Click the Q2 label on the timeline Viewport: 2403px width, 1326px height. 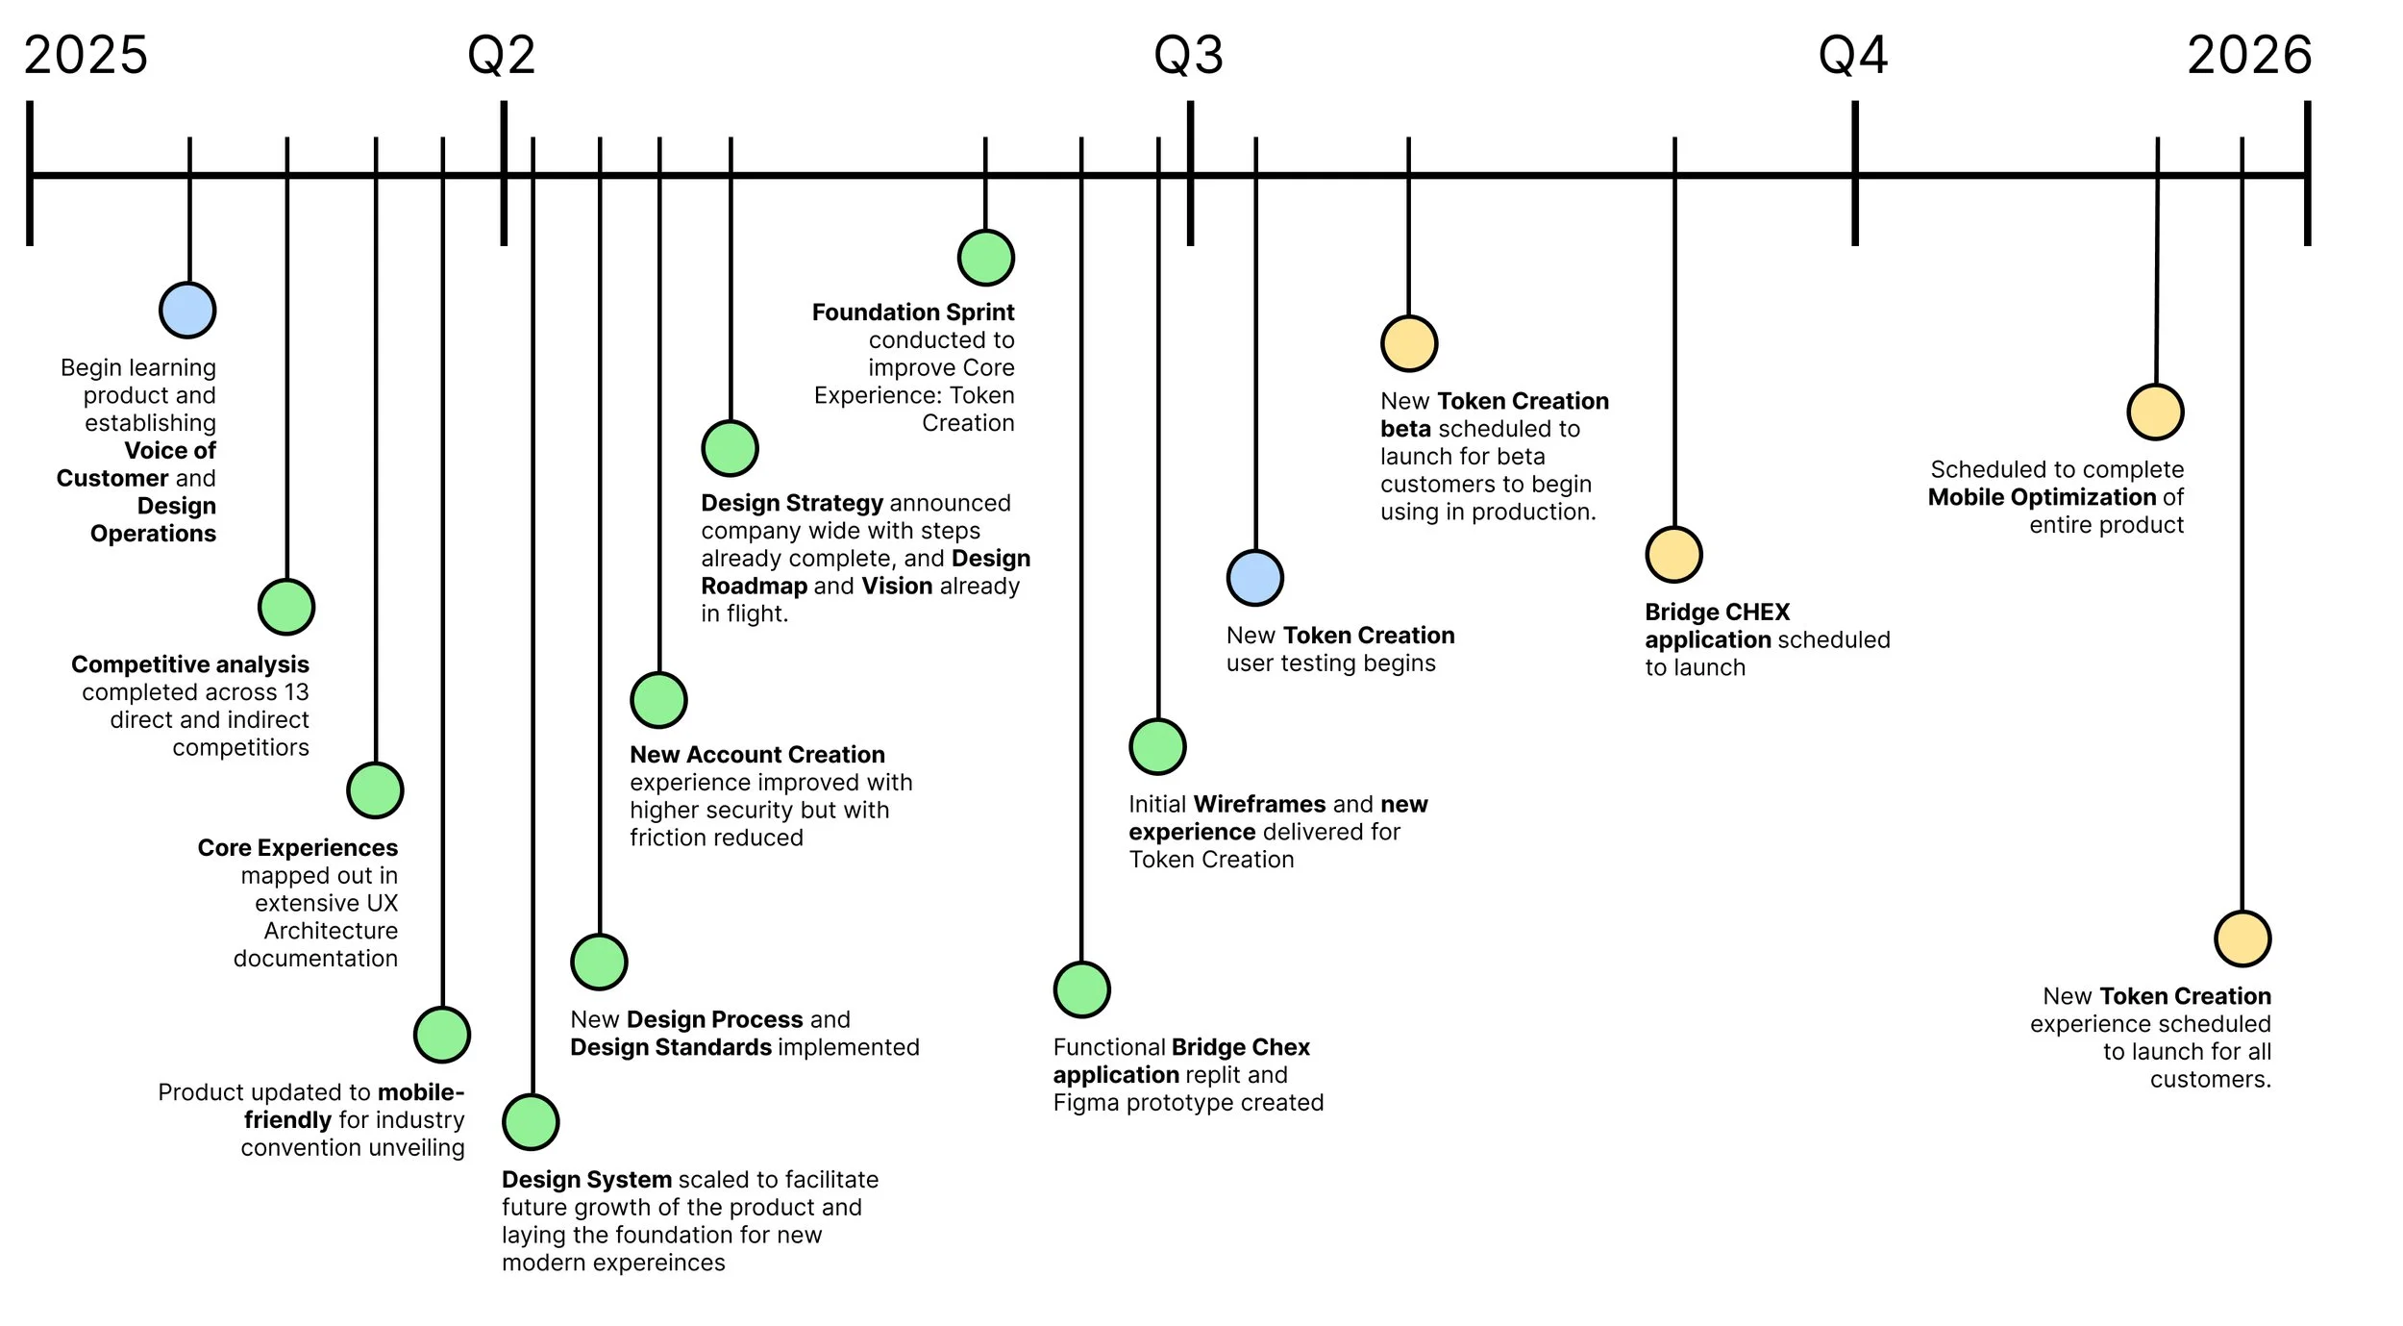[x=501, y=56]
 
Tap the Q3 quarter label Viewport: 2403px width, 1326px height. [x=1188, y=56]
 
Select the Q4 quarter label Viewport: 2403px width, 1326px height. [x=1852, y=56]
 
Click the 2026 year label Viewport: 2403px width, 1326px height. [x=2249, y=56]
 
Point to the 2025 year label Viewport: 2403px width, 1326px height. [x=86, y=56]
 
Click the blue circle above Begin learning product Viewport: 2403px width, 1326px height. [x=187, y=311]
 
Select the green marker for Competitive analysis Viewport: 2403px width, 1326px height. [x=286, y=607]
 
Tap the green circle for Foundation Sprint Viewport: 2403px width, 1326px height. [x=985, y=258]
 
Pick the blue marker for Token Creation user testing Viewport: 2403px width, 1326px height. [x=1254, y=578]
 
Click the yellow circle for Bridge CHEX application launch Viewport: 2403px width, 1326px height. [x=1673, y=555]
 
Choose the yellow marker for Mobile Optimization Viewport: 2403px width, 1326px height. [x=2155, y=413]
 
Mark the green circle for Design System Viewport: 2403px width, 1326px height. [x=531, y=1122]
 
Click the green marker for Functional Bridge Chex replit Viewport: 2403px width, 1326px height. [x=1081, y=989]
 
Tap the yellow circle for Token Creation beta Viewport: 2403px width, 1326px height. [x=1408, y=343]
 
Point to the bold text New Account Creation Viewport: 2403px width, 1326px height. [x=756, y=755]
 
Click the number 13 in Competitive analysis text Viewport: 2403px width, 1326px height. [x=296, y=692]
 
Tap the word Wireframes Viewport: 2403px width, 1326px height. [x=1259, y=804]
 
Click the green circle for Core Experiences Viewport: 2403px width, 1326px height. [x=375, y=790]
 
